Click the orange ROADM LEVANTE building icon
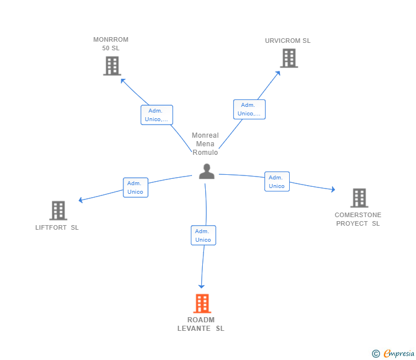[x=202, y=303]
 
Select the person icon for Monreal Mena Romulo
[x=207, y=171]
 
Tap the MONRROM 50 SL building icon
[x=112, y=66]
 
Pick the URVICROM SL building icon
[x=289, y=58]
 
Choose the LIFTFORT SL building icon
[x=58, y=210]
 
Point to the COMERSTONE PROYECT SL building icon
[x=359, y=198]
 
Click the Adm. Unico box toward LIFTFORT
[x=135, y=187]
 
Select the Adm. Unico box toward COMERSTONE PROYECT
[x=277, y=182]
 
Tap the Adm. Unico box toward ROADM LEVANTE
[x=203, y=235]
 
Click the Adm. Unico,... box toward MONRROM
[x=157, y=115]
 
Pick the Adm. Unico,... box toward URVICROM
[x=249, y=109]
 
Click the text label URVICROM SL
[x=287, y=41]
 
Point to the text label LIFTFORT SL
[x=57, y=227]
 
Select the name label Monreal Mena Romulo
[x=205, y=144]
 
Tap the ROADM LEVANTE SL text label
[x=201, y=324]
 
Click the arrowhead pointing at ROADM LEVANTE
[x=201, y=286]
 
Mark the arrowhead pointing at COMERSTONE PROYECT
[x=333, y=189]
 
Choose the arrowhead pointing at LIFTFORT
[x=81, y=200]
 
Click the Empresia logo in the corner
[x=399, y=353]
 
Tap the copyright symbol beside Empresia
[x=376, y=354]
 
